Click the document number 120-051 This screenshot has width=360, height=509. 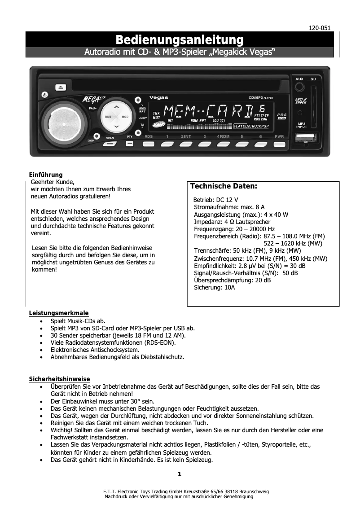point(320,28)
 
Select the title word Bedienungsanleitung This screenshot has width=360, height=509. point(180,39)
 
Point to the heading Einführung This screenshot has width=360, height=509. point(46,175)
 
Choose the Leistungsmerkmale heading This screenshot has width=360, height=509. point(59,313)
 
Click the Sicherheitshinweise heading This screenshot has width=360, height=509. point(60,379)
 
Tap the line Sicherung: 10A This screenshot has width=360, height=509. point(214,288)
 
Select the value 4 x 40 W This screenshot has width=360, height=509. point(276,215)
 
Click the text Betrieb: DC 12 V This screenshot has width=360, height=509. point(215,199)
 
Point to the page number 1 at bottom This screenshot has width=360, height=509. point(180,474)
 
